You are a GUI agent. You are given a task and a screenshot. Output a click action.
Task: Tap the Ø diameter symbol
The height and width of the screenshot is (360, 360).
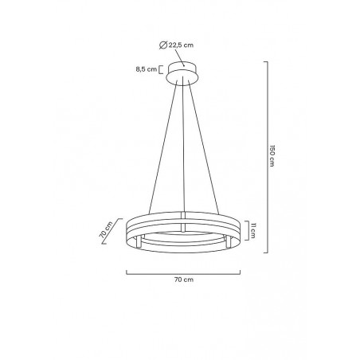click(164, 45)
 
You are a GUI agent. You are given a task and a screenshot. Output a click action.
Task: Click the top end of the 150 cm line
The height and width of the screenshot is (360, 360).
click(265, 63)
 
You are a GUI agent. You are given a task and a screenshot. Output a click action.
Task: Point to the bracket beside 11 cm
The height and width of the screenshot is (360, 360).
click(247, 231)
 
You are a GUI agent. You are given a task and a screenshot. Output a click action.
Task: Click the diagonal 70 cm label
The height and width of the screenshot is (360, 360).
click(105, 230)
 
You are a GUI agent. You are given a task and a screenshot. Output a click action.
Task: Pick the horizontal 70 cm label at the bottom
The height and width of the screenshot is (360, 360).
click(184, 280)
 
